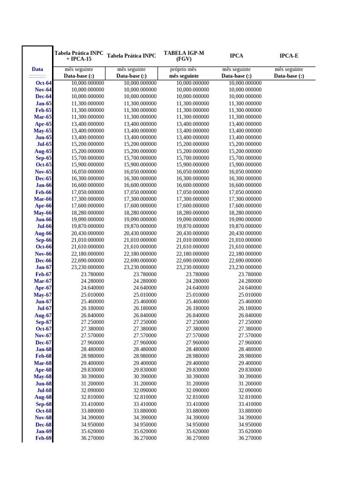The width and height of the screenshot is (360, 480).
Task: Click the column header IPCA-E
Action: (x=289, y=56)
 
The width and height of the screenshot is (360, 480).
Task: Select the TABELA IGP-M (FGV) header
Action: (x=184, y=56)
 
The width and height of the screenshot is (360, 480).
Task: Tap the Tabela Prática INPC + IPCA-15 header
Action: (x=79, y=56)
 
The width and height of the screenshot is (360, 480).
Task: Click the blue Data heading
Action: (x=37, y=69)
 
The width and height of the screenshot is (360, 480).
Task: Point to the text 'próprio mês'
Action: (x=184, y=69)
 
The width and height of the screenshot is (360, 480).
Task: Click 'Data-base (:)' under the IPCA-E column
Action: (x=289, y=76)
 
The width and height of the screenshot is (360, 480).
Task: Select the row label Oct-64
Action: (x=44, y=83)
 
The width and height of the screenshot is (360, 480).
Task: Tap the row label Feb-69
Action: (x=44, y=438)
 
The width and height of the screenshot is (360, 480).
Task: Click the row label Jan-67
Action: (x=44, y=267)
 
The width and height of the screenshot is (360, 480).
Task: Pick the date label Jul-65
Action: (x=44, y=144)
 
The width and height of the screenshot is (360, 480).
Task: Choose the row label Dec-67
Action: (x=44, y=343)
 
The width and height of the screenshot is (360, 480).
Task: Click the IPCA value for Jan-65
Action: (x=245, y=104)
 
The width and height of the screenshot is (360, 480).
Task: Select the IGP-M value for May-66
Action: (x=193, y=213)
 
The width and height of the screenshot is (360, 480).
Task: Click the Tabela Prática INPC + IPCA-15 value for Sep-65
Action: (x=88, y=158)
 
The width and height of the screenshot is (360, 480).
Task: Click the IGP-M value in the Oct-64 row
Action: (x=193, y=83)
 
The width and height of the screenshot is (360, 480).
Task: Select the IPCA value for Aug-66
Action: (x=245, y=233)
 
